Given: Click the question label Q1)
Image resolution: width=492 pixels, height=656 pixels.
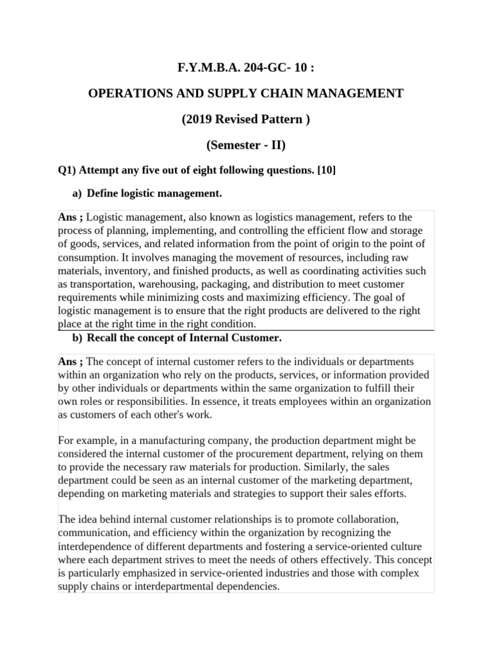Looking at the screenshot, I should tap(68, 170).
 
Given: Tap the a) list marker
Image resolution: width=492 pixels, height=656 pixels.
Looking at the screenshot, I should tap(77, 193).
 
